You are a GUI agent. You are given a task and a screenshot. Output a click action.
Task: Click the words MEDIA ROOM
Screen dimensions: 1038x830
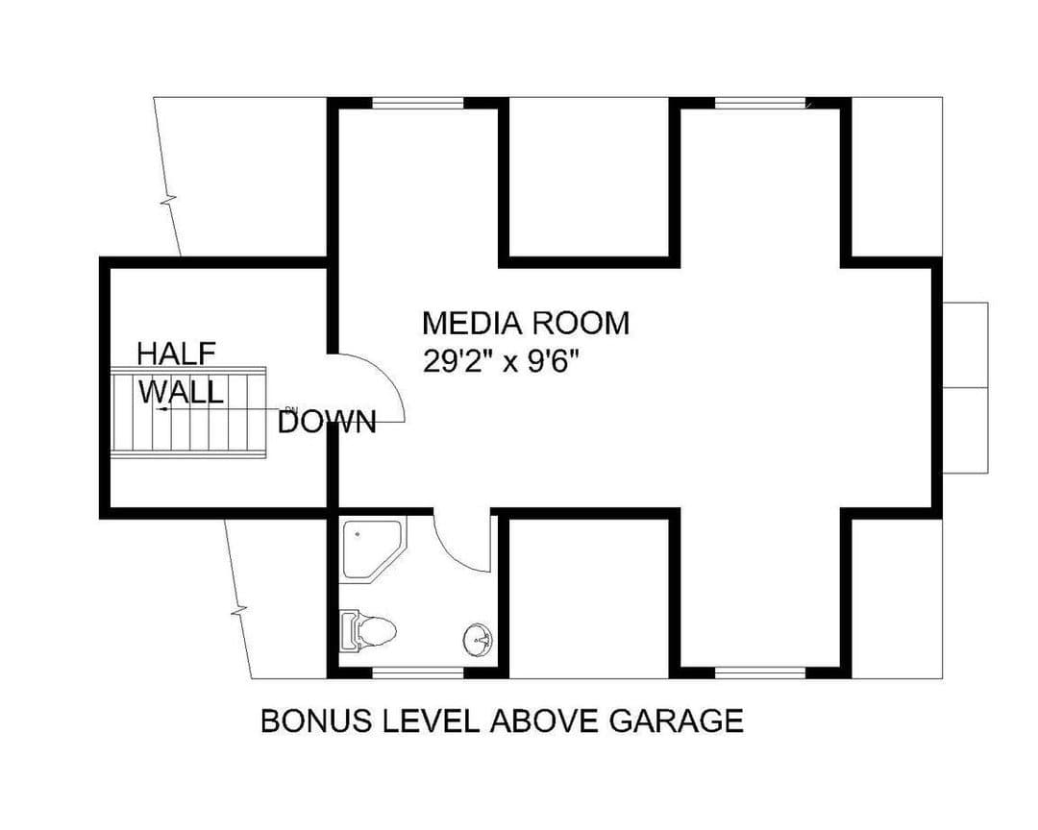tap(526, 323)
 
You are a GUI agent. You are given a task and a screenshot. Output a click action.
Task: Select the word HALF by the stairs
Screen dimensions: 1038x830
tap(176, 354)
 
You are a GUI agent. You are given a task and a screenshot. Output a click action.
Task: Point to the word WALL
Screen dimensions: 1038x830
tap(180, 392)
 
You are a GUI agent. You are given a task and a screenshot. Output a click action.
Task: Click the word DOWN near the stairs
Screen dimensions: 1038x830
tap(327, 422)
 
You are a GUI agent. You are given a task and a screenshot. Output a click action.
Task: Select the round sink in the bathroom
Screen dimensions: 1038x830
tap(478, 640)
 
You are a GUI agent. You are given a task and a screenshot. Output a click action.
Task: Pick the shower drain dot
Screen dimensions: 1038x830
tap(358, 533)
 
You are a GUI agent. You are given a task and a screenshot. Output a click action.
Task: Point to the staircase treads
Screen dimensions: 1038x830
tap(188, 412)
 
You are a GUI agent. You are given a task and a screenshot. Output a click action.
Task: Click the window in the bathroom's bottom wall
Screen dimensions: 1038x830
tap(418, 672)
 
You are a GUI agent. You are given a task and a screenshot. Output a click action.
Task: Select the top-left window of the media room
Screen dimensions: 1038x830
tap(418, 103)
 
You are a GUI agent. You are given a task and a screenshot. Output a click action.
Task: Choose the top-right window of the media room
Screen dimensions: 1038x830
tap(760, 103)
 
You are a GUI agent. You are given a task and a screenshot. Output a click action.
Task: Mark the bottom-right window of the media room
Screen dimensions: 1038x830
tap(760, 672)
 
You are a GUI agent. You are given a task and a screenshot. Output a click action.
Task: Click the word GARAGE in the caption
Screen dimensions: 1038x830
tap(676, 720)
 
